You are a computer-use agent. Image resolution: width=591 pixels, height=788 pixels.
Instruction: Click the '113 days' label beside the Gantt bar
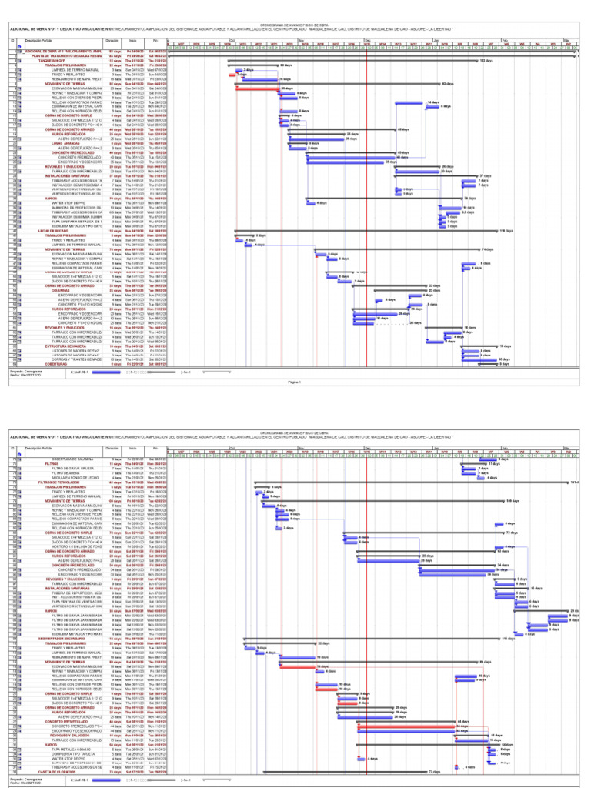(x=486, y=60)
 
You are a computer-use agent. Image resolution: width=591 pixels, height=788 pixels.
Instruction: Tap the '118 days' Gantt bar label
(x=506, y=230)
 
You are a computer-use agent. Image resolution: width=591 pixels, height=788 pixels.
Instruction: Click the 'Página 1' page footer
(x=295, y=381)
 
